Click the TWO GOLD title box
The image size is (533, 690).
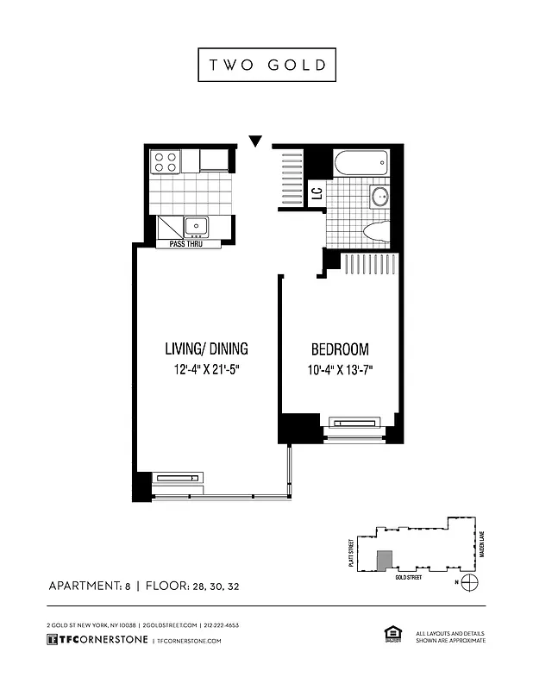266,65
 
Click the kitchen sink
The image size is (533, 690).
196,227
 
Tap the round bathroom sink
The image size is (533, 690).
381,197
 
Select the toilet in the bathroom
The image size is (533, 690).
377,230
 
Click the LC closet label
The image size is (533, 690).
317,193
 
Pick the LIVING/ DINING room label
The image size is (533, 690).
206,349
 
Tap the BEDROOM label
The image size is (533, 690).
340,349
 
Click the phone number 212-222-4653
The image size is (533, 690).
221,624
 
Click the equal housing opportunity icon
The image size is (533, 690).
389,636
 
